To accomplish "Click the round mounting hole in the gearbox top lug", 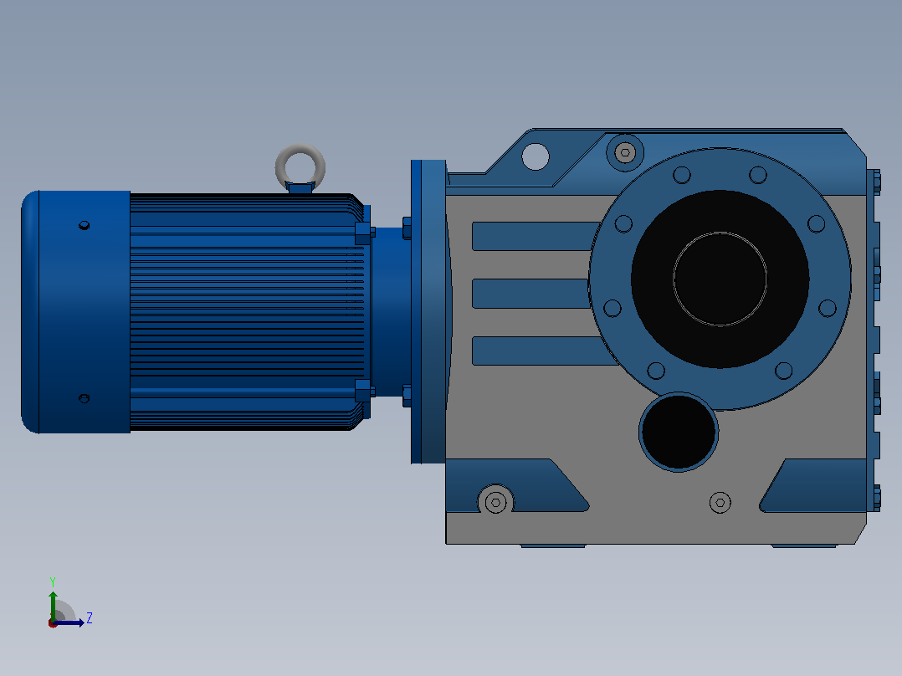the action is click(536, 156).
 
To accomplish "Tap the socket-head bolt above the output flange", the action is click(625, 152).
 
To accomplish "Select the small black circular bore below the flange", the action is click(679, 432).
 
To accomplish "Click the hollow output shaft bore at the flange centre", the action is click(720, 279).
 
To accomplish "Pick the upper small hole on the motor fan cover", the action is click(84, 225).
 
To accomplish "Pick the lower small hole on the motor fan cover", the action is click(84, 398).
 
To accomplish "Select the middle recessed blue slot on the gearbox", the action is click(531, 294).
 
